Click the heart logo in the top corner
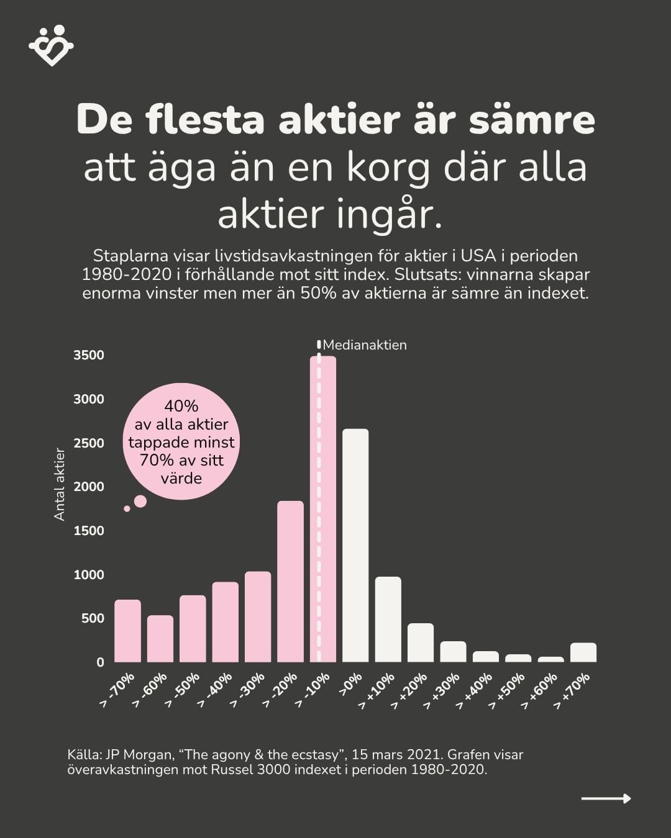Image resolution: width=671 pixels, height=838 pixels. coord(51,45)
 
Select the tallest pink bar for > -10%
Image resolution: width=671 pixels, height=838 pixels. coord(323,509)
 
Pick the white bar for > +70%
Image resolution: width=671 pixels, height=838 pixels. coord(583,652)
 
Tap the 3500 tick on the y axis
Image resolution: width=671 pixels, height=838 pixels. coord(89,355)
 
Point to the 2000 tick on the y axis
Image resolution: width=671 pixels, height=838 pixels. coord(89,487)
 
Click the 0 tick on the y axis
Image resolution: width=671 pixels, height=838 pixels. coord(100,662)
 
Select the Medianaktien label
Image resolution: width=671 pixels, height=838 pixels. coord(365,345)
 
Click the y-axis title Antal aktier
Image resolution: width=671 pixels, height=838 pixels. coord(60,484)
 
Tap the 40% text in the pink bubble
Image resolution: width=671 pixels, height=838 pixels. coord(181,406)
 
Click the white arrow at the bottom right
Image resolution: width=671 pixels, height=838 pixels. coord(606,798)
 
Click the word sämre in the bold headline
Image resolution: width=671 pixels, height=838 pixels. coord(532,119)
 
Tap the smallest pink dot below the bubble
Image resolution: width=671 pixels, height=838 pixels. coord(127,508)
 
